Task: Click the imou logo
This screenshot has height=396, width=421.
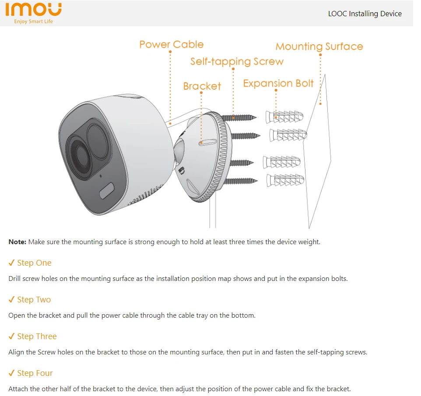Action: point(33,10)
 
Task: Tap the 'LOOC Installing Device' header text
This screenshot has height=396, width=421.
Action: point(365,14)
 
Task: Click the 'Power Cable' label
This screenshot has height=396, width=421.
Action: point(171,44)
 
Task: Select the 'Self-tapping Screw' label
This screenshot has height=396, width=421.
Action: point(237,62)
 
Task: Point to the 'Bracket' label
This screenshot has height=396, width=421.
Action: point(202,86)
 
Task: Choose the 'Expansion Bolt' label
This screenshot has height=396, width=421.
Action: point(278,84)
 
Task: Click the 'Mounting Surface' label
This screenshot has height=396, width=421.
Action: point(319,47)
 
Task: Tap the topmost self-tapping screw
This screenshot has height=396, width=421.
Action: point(239,117)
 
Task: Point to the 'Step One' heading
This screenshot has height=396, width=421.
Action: point(34,263)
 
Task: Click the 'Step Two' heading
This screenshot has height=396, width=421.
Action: point(34,300)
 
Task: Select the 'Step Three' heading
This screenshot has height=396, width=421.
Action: point(37,336)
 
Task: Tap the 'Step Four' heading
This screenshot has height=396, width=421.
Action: point(35,373)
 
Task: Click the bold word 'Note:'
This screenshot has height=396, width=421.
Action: point(18,242)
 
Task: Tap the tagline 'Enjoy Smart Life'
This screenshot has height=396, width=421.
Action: point(33,21)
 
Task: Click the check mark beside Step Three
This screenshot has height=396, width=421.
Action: point(12,336)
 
